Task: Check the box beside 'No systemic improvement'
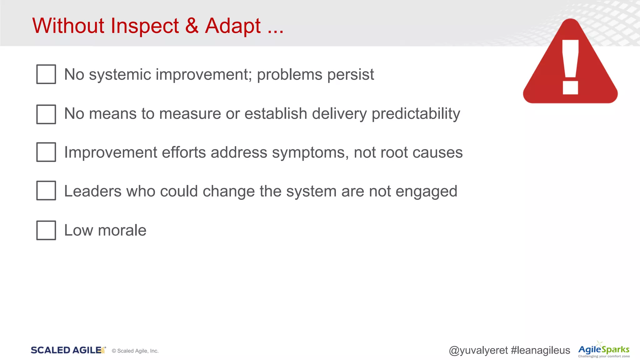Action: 46,74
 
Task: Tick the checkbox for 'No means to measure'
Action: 46,114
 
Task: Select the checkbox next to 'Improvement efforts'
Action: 46,152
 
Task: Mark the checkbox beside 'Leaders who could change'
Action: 46,190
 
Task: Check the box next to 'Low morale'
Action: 46,230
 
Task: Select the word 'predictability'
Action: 416,114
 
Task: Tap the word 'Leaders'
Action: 92,191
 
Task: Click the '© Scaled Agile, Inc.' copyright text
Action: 135,351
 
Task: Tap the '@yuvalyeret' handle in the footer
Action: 478,350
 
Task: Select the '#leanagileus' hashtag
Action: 540,350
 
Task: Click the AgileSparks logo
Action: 604,350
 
